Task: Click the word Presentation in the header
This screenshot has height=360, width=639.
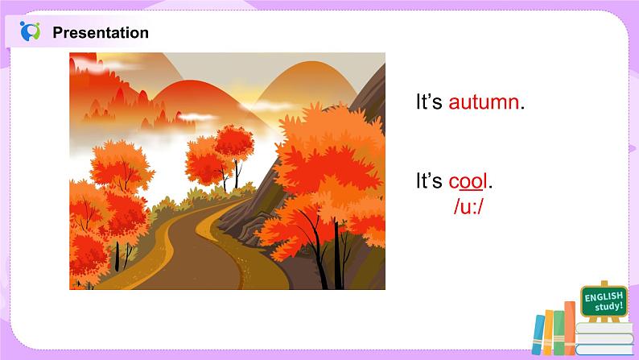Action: point(101,33)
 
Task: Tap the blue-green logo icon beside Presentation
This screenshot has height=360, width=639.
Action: point(30,32)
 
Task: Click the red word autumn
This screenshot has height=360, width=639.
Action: point(484,103)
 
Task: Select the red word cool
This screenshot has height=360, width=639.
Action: point(468,181)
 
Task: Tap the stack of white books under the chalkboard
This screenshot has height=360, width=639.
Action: point(605,338)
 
